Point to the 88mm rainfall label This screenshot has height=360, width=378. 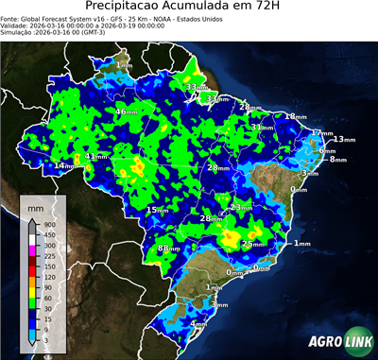tap(167, 249)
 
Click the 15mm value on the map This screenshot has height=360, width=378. tap(156, 210)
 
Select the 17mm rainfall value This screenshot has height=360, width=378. tap(322, 134)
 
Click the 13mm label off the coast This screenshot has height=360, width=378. tap(344, 140)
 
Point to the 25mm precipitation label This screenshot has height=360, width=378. tap(253, 244)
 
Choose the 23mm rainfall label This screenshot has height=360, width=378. tap(241, 207)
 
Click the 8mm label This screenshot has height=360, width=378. tap(337, 160)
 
